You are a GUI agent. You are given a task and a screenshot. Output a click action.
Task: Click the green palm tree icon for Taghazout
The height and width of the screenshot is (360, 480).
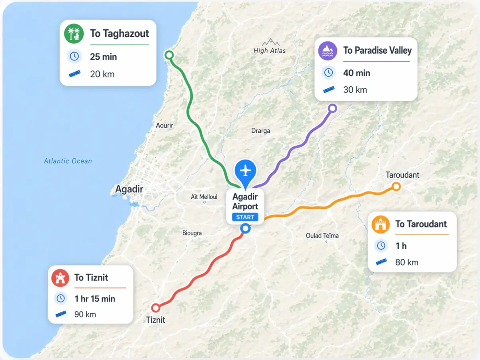click(x=74, y=34)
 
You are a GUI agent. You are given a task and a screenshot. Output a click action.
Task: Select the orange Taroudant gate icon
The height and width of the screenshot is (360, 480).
click(x=381, y=224)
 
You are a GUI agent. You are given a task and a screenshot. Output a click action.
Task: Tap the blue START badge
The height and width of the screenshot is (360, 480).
click(x=245, y=217)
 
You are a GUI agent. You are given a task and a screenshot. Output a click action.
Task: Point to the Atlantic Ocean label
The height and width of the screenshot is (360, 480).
click(x=68, y=161)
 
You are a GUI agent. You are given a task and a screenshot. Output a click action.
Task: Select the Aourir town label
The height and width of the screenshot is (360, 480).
click(x=164, y=126)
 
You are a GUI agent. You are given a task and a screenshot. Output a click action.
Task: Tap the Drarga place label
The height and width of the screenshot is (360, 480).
click(x=260, y=131)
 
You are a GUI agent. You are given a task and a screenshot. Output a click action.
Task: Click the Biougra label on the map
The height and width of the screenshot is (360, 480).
click(x=192, y=233)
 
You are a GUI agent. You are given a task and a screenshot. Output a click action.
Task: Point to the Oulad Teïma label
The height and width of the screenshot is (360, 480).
click(x=322, y=236)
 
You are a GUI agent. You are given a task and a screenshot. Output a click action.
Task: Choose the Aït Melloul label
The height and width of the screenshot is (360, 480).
click(x=204, y=197)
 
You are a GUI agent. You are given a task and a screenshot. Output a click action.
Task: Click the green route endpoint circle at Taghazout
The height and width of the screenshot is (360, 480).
click(x=169, y=55)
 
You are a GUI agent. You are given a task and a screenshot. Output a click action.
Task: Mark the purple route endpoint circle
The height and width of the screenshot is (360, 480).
click(x=332, y=108)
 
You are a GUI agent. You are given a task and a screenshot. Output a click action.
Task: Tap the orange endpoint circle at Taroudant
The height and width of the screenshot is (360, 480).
click(x=396, y=186)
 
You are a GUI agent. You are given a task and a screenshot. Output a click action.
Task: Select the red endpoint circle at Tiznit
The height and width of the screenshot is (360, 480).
click(x=156, y=308)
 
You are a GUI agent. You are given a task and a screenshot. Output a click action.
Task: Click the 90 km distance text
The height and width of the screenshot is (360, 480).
click(x=85, y=314)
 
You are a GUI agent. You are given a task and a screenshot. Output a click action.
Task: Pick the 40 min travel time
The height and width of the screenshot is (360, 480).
click(x=356, y=73)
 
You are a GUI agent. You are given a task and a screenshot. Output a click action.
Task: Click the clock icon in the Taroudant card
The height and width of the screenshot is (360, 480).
click(x=381, y=246)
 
